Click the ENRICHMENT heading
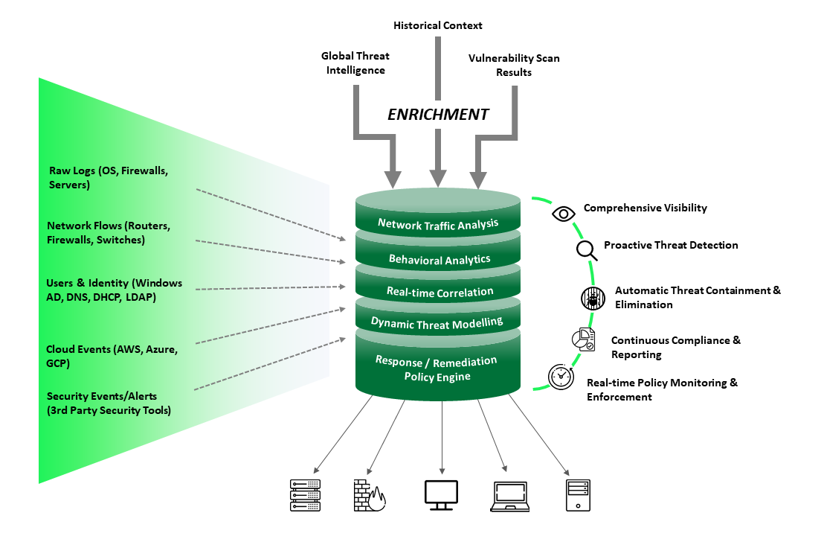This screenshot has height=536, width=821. point(438,115)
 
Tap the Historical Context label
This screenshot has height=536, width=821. point(437,25)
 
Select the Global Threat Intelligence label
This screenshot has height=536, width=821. point(355,63)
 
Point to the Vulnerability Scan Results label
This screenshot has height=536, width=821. point(514,66)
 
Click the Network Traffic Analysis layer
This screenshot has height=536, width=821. point(437,223)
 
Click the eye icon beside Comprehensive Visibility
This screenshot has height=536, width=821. point(564,214)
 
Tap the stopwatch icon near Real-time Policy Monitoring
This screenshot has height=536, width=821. point(561,377)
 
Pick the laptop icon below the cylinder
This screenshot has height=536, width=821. point(511,497)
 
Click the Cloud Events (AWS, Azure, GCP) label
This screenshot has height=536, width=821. point(112,356)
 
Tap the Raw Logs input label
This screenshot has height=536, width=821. point(109,178)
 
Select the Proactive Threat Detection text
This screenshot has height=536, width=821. point(670,245)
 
